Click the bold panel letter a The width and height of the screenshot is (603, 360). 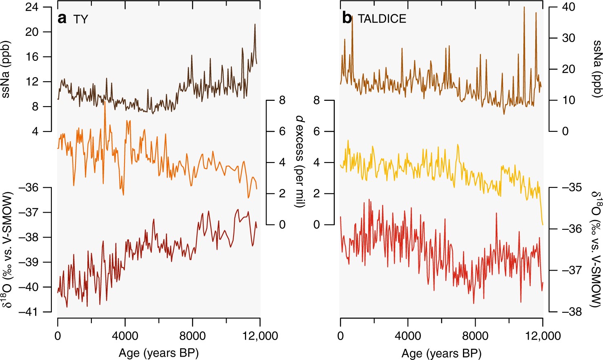(62, 19)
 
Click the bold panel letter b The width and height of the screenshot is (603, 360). (347, 18)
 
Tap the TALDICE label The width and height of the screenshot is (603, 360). (382, 19)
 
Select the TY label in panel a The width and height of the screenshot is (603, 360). (80, 19)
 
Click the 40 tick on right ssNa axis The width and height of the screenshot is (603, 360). (568, 7)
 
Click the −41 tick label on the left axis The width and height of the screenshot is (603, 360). (28, 312)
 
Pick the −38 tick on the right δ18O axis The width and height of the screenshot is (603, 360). (571, 312)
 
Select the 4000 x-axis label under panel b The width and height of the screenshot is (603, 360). (407, 336)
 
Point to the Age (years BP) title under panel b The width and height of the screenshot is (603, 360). (441, 353)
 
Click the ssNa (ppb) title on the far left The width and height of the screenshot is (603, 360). (7, 69)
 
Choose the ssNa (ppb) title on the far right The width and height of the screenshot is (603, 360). (596, 69)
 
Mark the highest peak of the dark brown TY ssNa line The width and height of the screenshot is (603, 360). (255, 24)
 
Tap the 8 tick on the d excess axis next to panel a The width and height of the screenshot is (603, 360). (282, 100)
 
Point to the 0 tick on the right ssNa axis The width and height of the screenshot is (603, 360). (565, 131)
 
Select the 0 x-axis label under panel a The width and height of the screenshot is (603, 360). (58, 336)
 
